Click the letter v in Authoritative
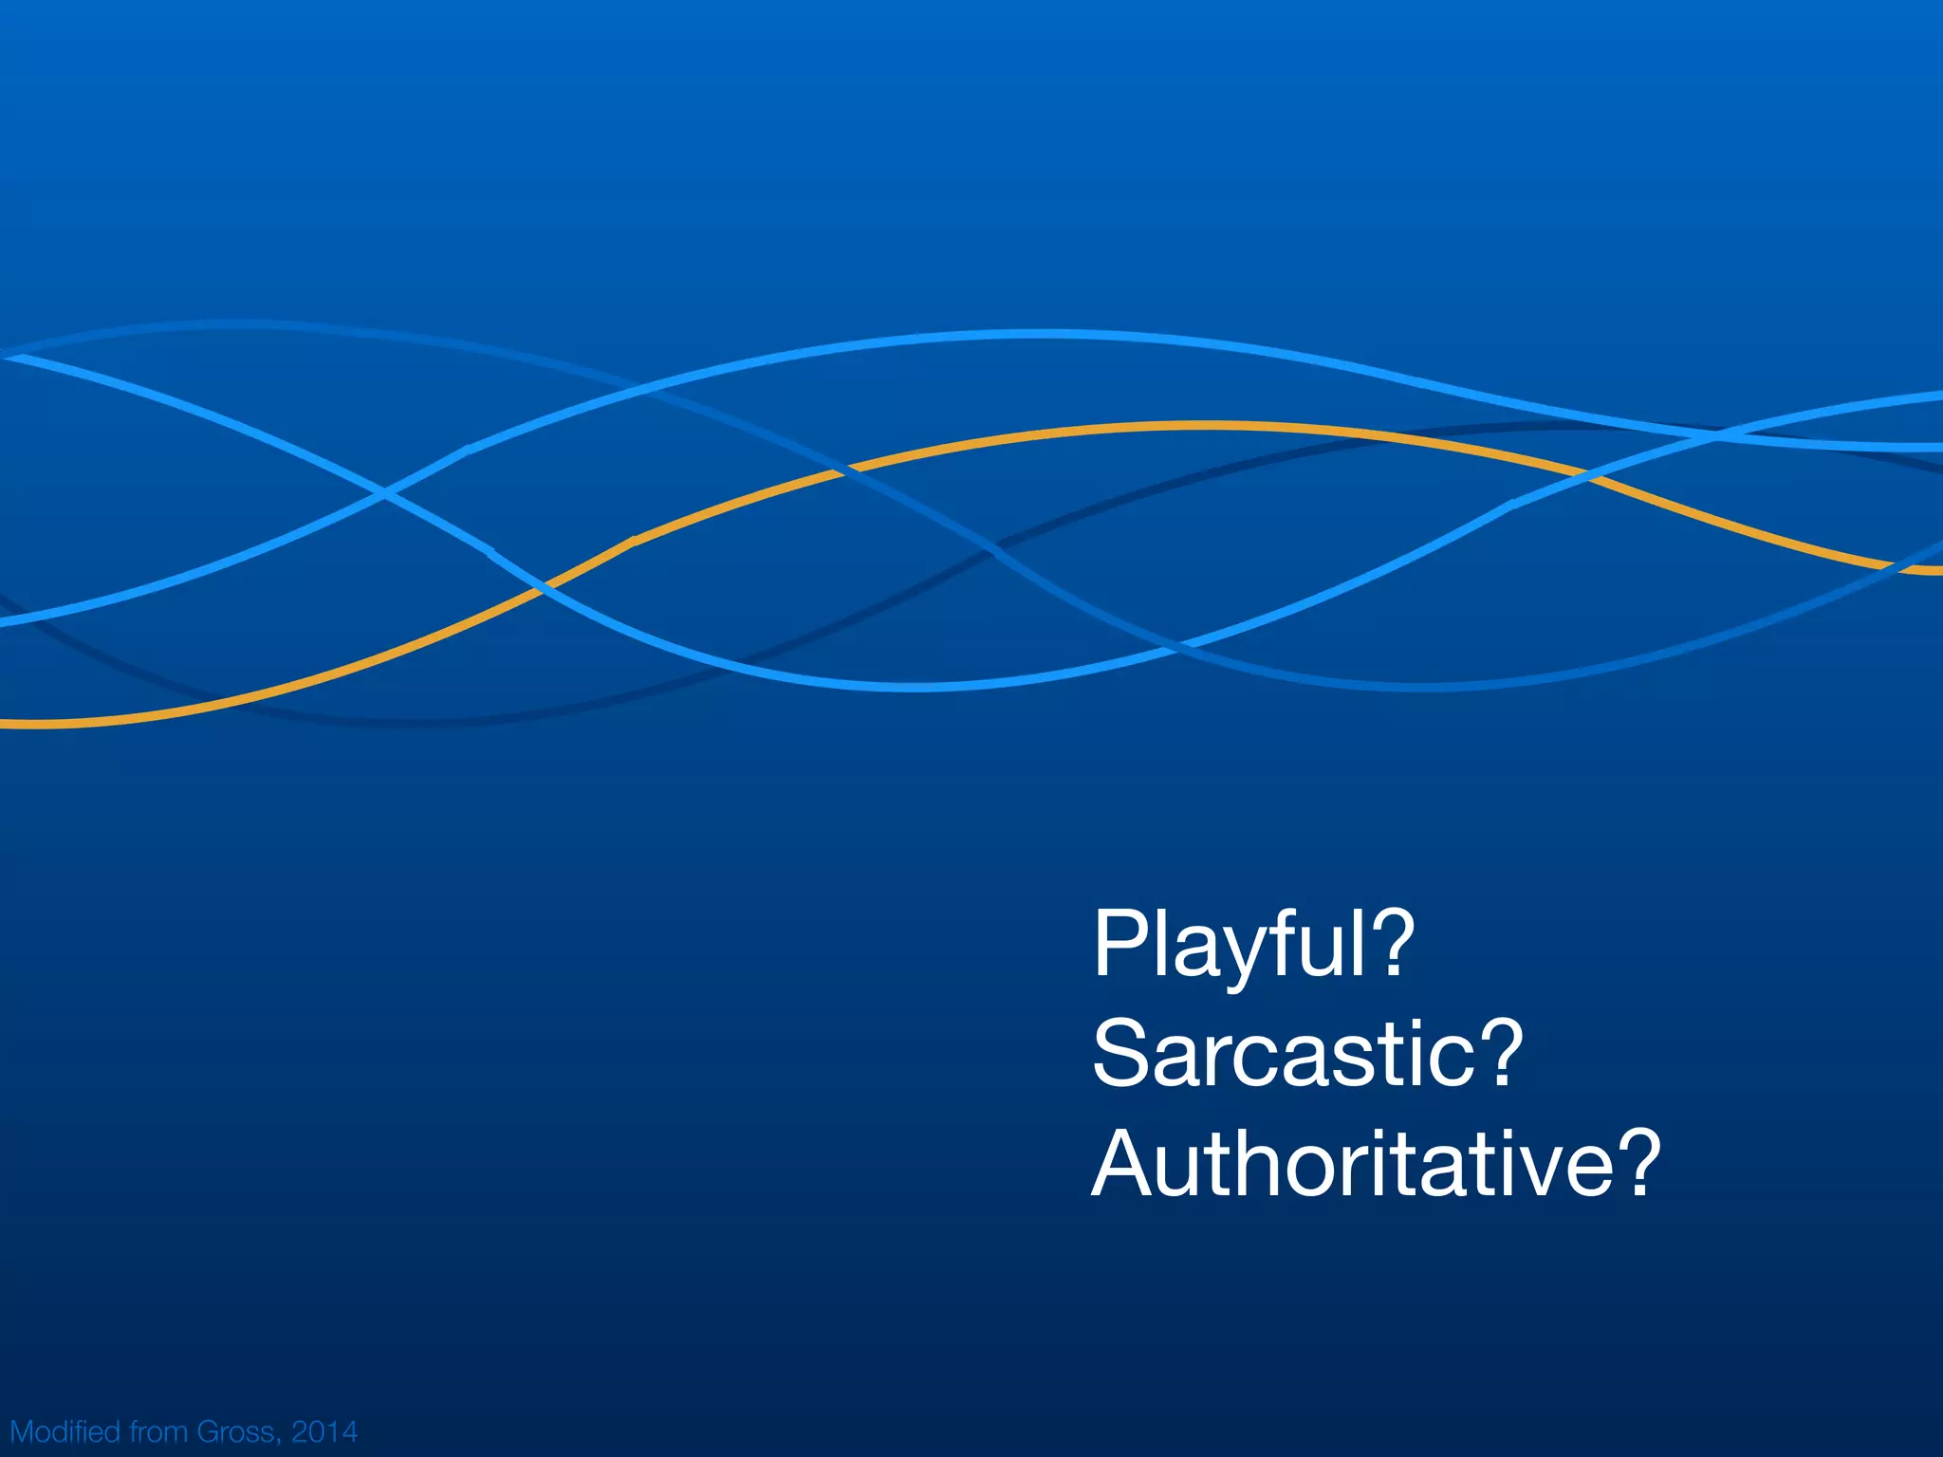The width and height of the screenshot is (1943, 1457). [x=1538, y=1171]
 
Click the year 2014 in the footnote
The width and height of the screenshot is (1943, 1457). [x=324, y=1430]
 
